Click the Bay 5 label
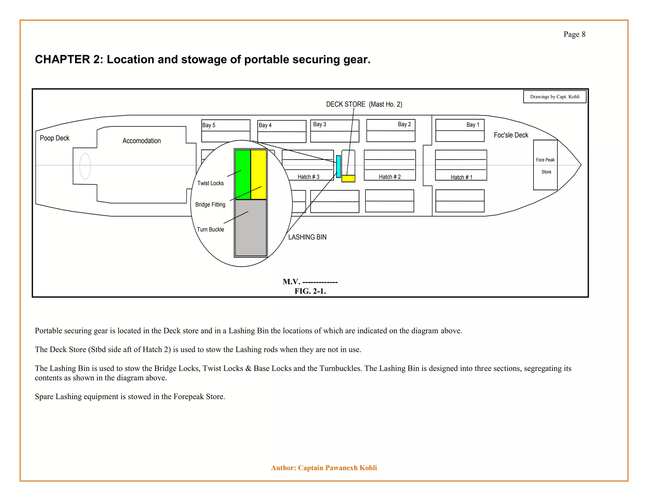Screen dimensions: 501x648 [x=209, y=125]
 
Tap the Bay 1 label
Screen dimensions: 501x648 [x=473, y=125]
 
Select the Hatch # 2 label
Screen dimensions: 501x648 [x=390, y=177]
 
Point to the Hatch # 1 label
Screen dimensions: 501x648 [x=461, y=177]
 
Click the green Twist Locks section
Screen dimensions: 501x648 [x=243, y=174]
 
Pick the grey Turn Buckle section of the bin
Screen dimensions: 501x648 [x=251, y=227]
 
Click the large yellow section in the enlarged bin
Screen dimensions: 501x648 [x=259, y=174]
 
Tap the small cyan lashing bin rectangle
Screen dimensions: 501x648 [x=338, y=166]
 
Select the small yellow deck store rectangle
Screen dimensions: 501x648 [x=348, y=178]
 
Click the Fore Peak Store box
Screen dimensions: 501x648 [x=545, y=165]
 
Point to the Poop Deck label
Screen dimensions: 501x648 [x=54, y=138]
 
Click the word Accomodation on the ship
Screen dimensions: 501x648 [x=141, y=141]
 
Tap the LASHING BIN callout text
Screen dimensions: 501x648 [x=307, y=237]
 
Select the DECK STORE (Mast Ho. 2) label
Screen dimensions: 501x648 [x=364, y=105]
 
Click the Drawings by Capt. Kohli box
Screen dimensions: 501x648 [x=555, y=97]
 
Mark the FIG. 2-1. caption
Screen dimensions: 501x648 [x=310, y=291]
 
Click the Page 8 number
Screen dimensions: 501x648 [x=574, y=34]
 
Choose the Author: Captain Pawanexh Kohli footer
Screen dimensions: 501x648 [x=324, y=468]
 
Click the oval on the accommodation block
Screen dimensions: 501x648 [x=85, y=166]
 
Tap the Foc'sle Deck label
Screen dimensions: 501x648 [x=511, y=135]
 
